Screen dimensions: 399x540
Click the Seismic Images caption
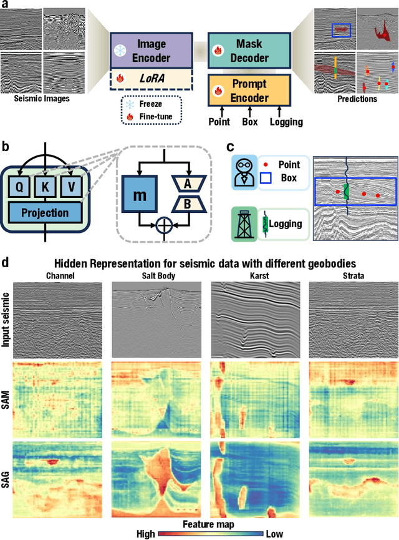pyautogui.click(x=41, y=98)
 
